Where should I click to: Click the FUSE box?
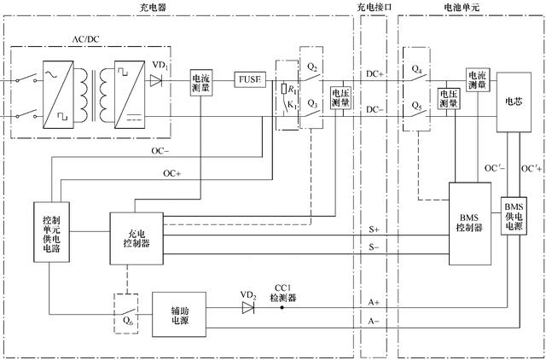[251, 80]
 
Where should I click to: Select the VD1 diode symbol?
[155, 81]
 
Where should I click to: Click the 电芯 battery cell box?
[514, 102]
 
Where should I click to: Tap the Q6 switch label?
[127, 322]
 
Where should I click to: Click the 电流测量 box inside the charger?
[201, 80]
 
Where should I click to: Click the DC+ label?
[375, 74]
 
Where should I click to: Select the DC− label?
[375, 110]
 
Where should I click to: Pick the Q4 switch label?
[417, 67]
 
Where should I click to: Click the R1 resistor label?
[292, 87]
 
